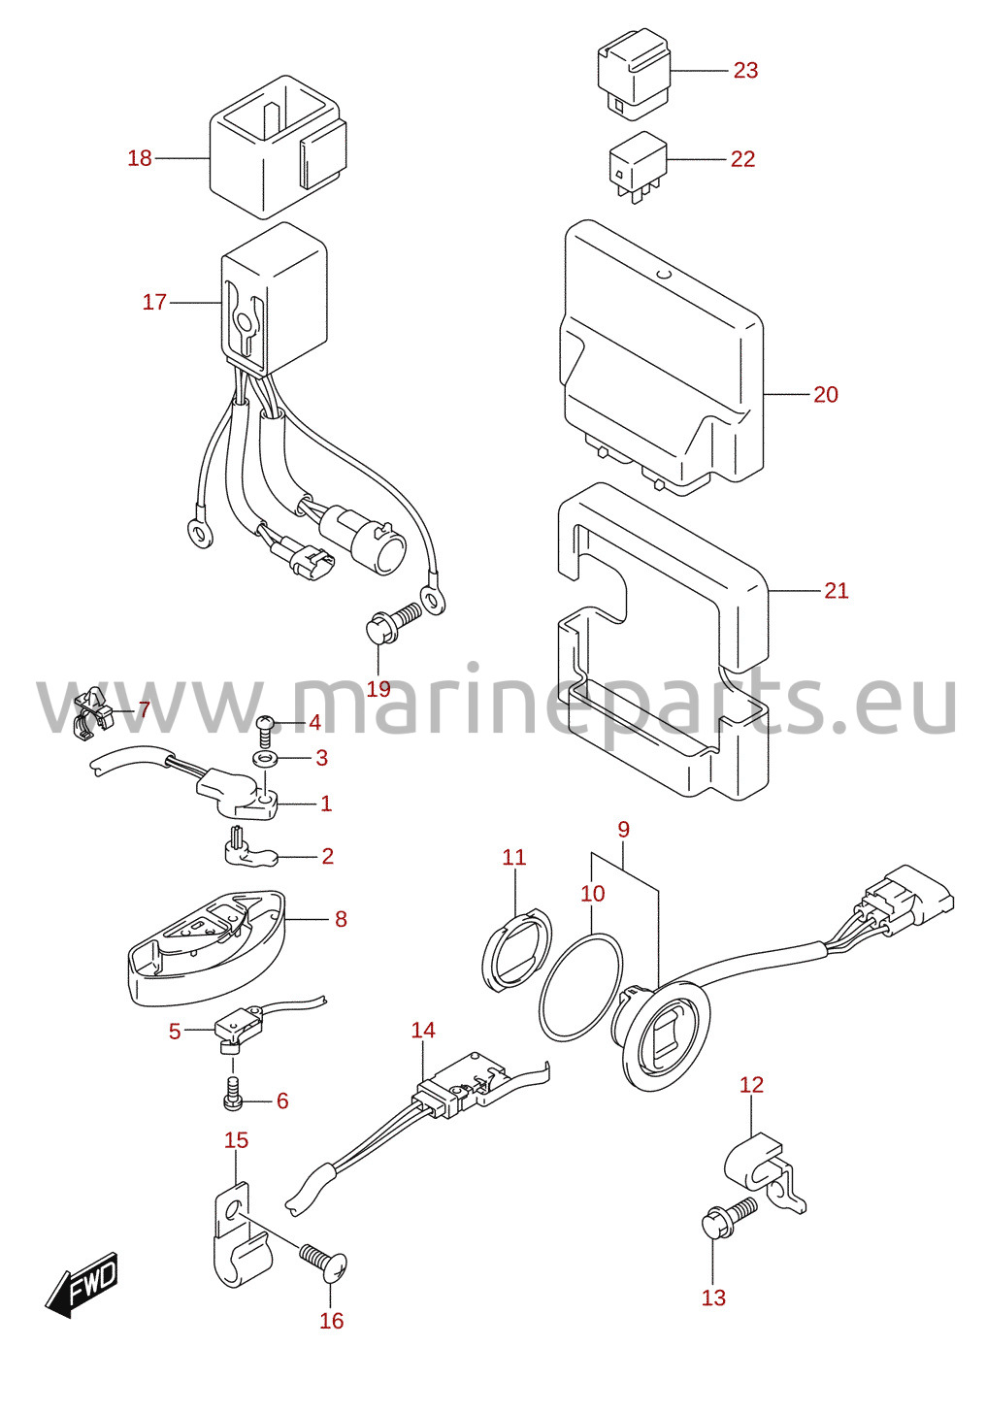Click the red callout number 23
745,70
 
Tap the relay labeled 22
638,166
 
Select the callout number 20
825,395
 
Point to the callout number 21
837,591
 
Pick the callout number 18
140,157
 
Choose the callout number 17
154,302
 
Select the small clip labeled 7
95,713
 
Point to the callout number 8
341,918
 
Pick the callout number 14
423,1030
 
